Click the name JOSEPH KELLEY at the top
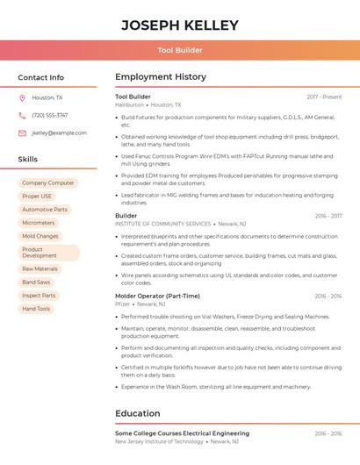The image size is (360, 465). (180, 25)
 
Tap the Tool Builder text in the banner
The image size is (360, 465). (180, 50)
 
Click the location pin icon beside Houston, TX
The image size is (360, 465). (22, 97)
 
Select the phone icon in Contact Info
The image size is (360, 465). (22, 115)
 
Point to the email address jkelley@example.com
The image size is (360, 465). (59, 132)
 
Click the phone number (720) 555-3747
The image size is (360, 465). (49, 115)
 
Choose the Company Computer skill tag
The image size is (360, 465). (48, 183)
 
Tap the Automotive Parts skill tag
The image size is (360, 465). (45, 210)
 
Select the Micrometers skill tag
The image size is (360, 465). (39, 223)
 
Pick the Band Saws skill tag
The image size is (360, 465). (36, 283)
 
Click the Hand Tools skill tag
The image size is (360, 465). (36, 309)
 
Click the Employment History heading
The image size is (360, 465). (161, 77)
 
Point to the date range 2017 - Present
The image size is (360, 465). (324, 97)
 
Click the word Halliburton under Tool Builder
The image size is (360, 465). (129, 104)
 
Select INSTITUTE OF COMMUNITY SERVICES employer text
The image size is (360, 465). (163, 224)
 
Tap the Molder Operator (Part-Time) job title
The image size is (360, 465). (157, 296)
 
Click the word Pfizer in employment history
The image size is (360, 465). (122, 304)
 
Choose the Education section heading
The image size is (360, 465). (138, 413)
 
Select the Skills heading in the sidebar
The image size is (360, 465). (28, 160)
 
